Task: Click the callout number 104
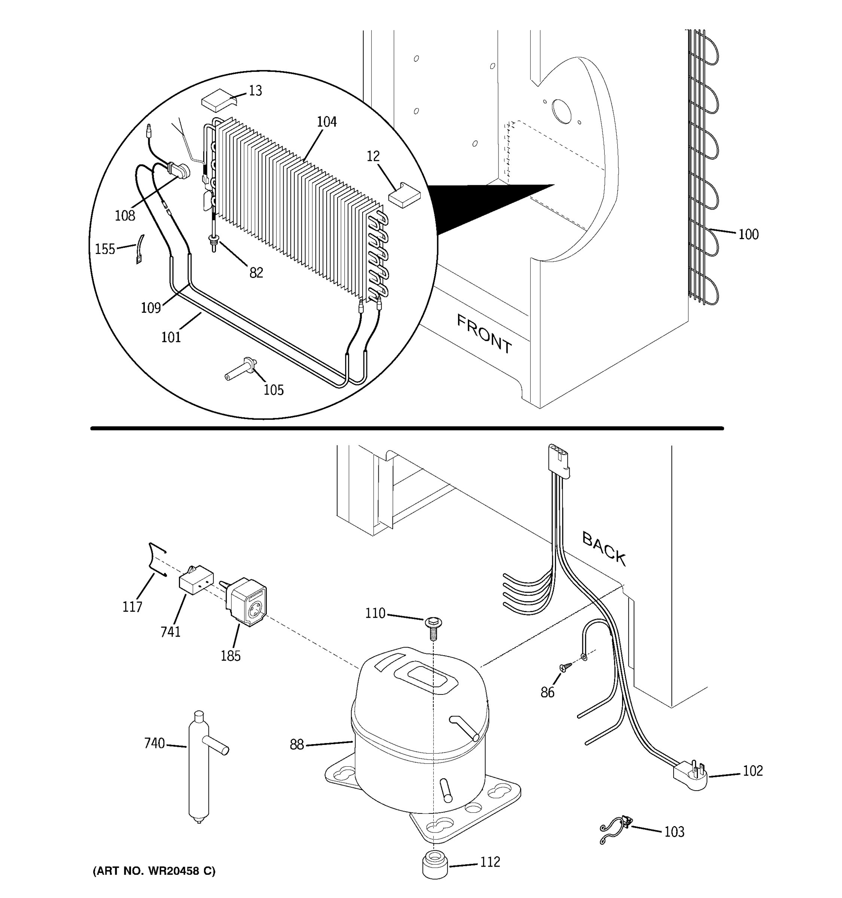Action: click(x=327, y=122)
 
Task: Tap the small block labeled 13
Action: click(x=219, y=100)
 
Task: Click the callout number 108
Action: click(x=125, y=216)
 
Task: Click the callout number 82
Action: click(x=256, y=272)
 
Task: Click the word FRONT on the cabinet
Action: click(x=484, y=334)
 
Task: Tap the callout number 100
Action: click(x=748, y=235)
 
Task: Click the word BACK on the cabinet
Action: click(x=604, y=549)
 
